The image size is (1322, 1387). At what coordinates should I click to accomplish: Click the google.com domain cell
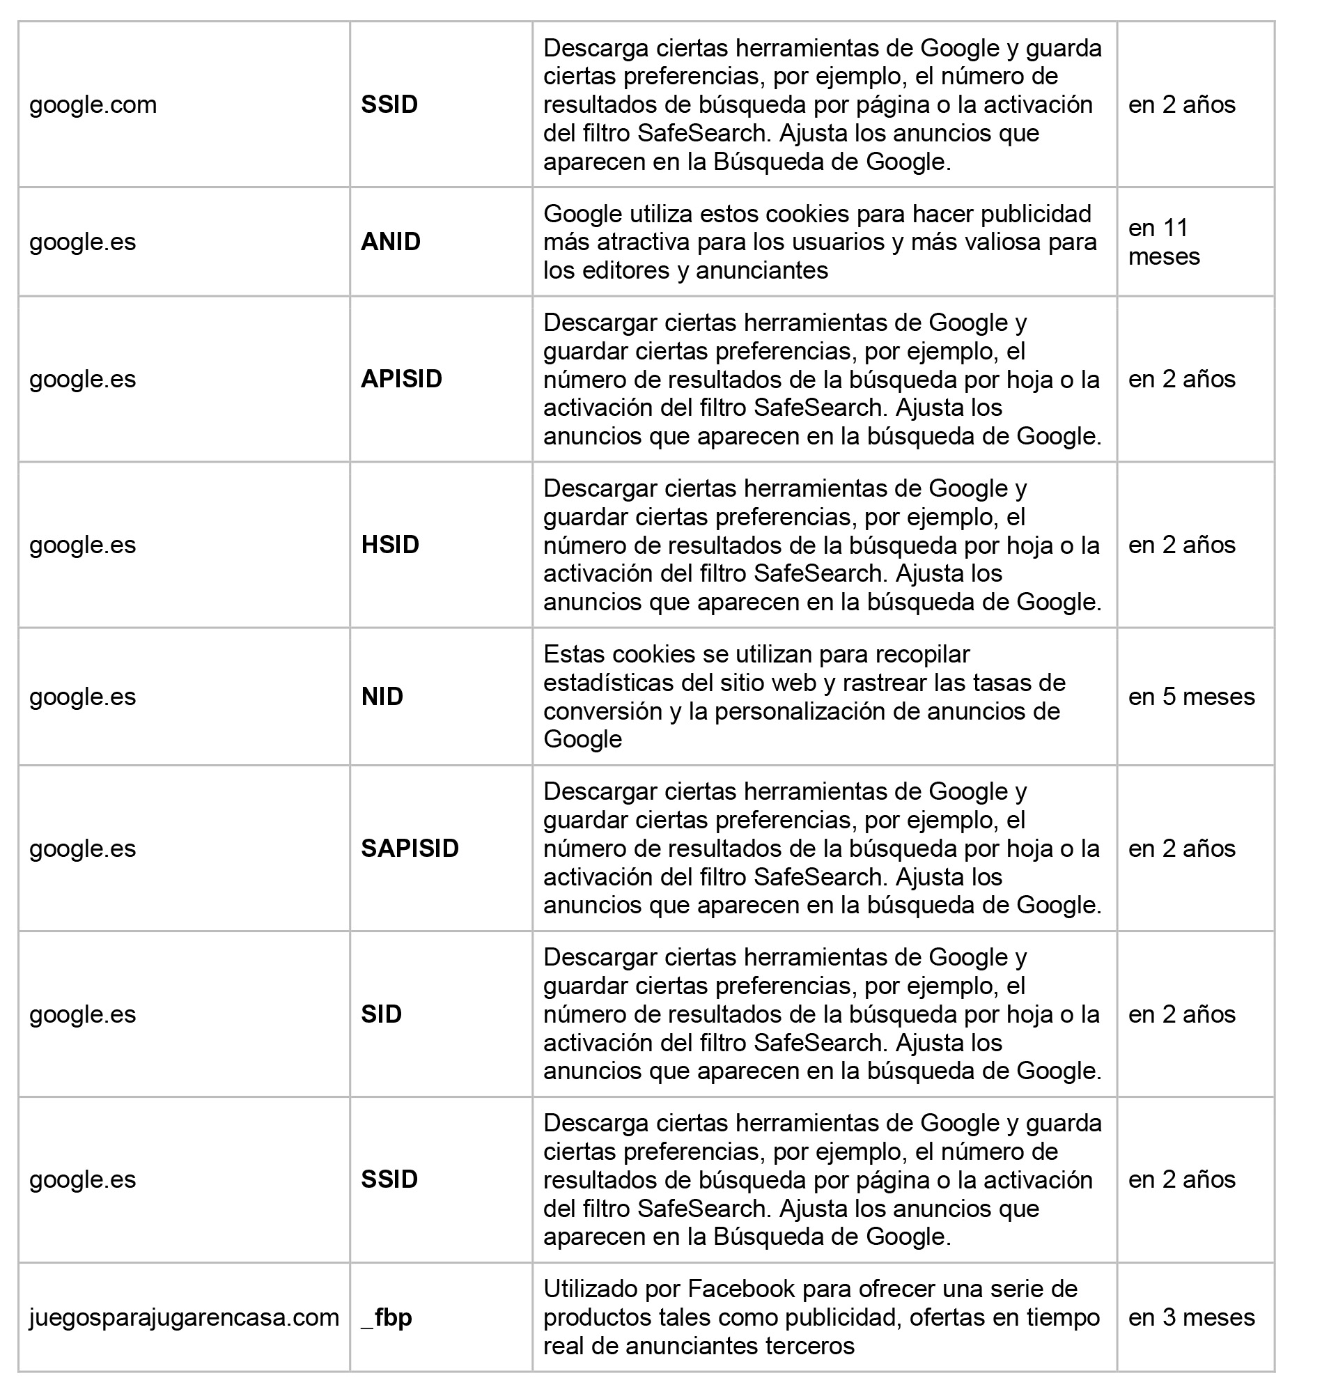point(93,105)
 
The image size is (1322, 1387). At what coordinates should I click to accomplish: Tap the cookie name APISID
point(401,379)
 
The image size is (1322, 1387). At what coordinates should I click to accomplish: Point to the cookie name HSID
point(389,545)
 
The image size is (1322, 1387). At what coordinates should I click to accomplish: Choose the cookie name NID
point(382,697)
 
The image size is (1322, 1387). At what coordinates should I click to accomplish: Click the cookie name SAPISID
point(410,848)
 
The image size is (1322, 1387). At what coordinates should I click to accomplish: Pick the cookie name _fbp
point(386,1317)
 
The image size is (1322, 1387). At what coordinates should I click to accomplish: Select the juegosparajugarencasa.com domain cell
point(184,1317)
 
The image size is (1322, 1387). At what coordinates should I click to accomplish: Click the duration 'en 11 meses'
point(1163,242)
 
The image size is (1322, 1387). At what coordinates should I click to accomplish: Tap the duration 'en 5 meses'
point(1191,697)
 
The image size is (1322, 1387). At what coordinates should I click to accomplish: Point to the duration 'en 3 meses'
point(1191,1317)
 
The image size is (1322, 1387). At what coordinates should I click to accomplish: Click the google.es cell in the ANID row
point(82,242)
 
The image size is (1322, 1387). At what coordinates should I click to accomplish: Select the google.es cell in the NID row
point(82,697)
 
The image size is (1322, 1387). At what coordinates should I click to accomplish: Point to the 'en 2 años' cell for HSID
point(1182,545)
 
